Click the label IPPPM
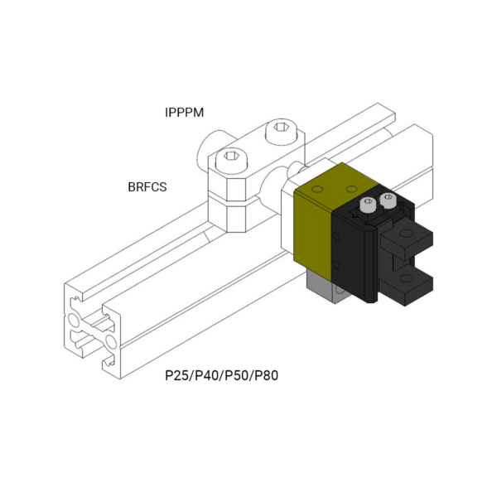tap(184, 113)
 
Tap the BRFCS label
tap(147, 187)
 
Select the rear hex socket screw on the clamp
tap(282, 130)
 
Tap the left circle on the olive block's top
tap(317, 190)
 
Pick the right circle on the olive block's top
tap(351, 189)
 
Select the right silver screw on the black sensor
tap(388, 200)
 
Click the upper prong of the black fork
tap(407, 238)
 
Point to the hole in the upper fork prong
tap(406, 234)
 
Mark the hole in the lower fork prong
tap(406, 278)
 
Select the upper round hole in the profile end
tap(74, 321)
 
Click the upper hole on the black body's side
tap(336, 236)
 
